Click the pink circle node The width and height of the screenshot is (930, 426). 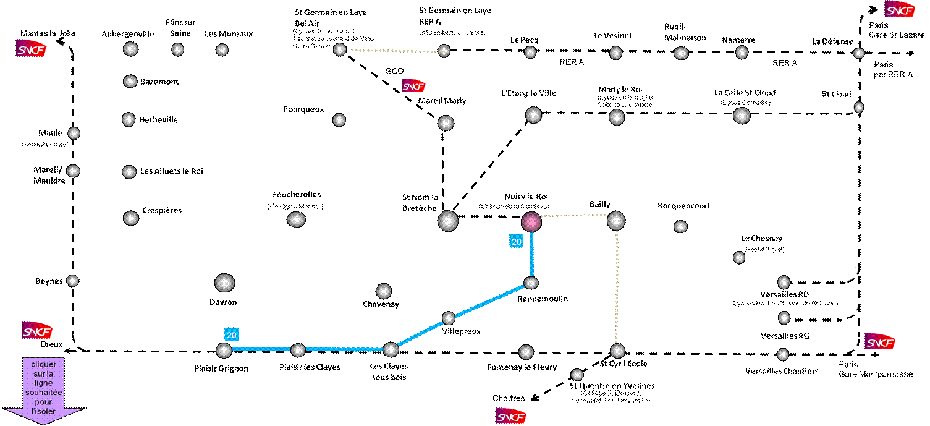point(531,221)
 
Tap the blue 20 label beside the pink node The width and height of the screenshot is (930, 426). point(516,242)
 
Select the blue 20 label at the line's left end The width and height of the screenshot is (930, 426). point(231,334)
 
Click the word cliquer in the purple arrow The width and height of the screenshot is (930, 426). point(43,365)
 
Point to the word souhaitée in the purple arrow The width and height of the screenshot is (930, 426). point(43,393)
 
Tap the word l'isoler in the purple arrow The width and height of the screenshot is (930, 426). point(43,411)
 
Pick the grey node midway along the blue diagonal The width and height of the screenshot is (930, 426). point(449,318)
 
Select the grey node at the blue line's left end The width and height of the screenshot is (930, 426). point(224,350)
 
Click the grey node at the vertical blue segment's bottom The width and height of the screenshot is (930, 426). point(531,283)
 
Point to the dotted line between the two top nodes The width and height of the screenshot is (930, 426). point(392,51)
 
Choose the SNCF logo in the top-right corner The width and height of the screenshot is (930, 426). point(900,9)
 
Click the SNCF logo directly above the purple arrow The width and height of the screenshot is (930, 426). point(37,330)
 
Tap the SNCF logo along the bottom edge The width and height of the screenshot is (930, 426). point(511,415)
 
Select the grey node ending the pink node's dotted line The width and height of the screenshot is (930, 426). point(616,220)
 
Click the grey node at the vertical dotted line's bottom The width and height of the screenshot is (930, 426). point(617,351)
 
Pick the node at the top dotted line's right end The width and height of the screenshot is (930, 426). point(444,51)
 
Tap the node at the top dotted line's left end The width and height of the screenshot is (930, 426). point(340,49)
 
